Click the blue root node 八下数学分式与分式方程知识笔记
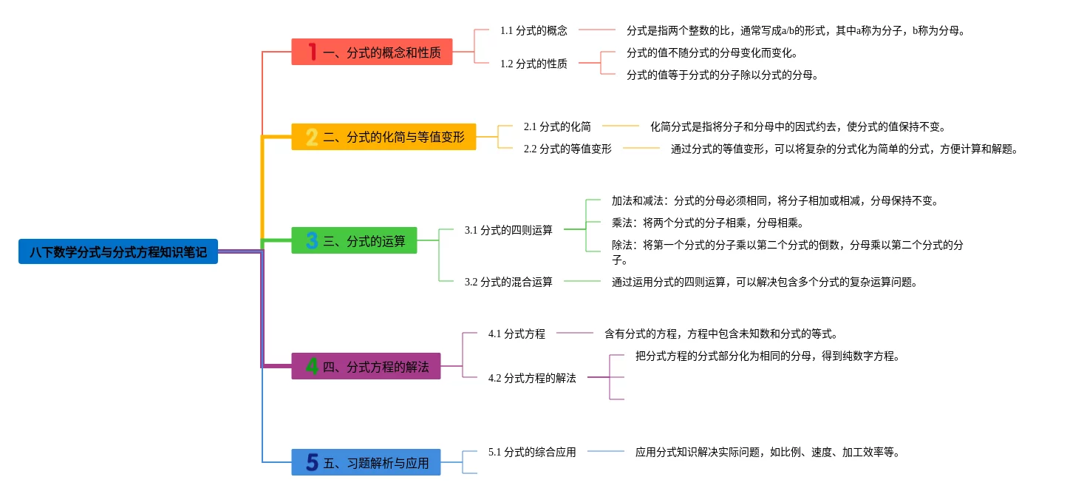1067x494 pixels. pyautogui.click(x=118, y=251)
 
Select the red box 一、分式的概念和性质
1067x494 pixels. pyautogui.click(x=372, y=52)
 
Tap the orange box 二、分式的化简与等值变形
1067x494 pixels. pyautogui.click(x=383, y=137)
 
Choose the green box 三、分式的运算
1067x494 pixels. pyautogui.click(x=354, y=240)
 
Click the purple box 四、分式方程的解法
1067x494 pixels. pyautogui.click(x=366, y=366)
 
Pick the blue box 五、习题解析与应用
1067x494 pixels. pyautogui.click(x=366, y=463)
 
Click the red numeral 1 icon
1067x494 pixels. pyautogui.click(x=313, y=52)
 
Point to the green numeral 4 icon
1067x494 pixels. pyautogui.click(x=313, y=366)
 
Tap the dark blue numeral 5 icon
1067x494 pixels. pyautogui.click(x=313, y=463)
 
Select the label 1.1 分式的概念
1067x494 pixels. pyautogui.click(x=533, y=30)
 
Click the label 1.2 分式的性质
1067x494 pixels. pyautogui.click(x=533, y=64)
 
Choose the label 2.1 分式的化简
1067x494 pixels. pyautogui.click(x=557, y=126)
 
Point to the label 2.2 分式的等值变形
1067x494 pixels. pyautogui.click(x=567, y=149)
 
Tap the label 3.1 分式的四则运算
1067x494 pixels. pyautogui.click(x=508, y=230)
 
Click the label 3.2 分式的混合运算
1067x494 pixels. pyautogui.click(x=508, y=282)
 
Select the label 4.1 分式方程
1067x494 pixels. pyautogui.click(x=517, y=334)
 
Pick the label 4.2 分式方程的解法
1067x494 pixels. pyautogui.click(x=532, y=378)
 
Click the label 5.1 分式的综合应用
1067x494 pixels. pyautogui.click(x=532, y=452)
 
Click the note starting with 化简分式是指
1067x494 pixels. pyautogui.click(x=798, y=126)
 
